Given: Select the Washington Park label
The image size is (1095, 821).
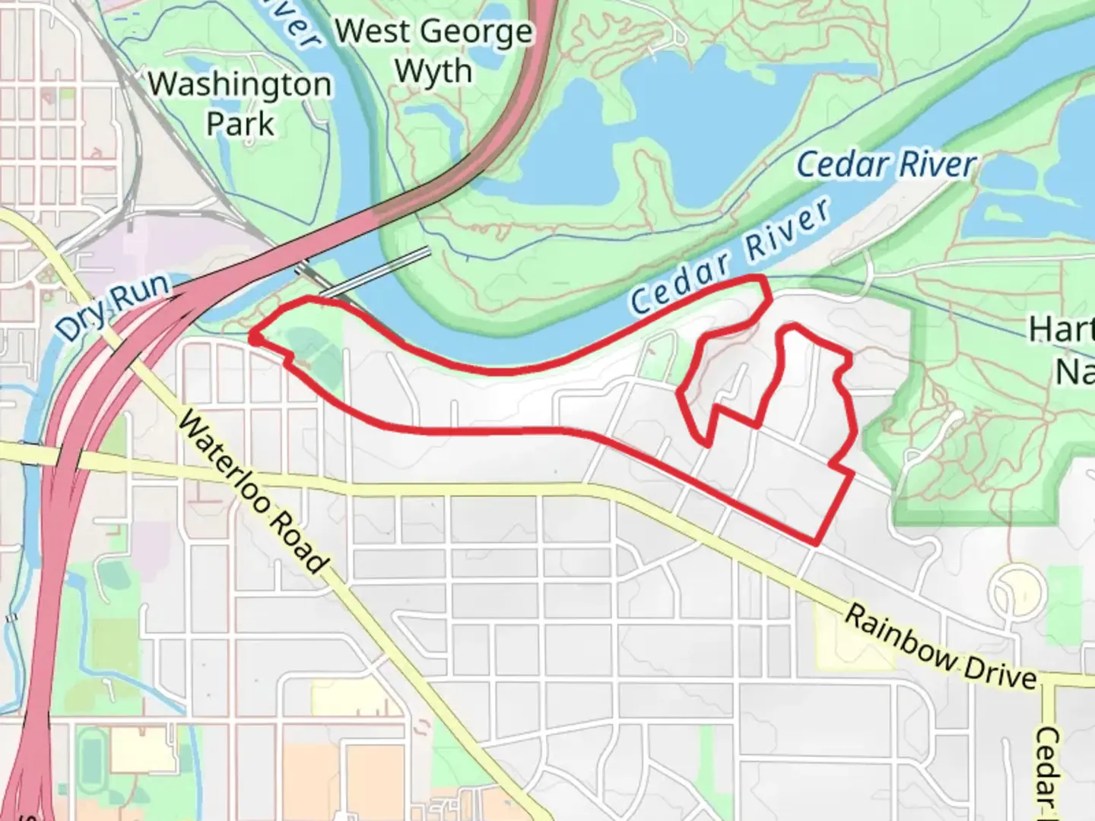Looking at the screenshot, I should [x=240, y=103].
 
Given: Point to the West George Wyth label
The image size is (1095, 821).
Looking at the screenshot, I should [x=434, y=51].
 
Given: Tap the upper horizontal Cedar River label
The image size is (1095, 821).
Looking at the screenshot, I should [x=887, y=165].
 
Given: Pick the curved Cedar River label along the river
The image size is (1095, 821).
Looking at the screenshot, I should [x=730, y=258].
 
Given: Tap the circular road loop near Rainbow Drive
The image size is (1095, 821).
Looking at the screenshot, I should [x=1014, y=590].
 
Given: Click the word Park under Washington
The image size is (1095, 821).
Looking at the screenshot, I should [x=240, y=123].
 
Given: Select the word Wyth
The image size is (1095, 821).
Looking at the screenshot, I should [x=434, y=71].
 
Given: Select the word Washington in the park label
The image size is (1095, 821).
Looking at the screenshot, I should [x=240, y=84].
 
